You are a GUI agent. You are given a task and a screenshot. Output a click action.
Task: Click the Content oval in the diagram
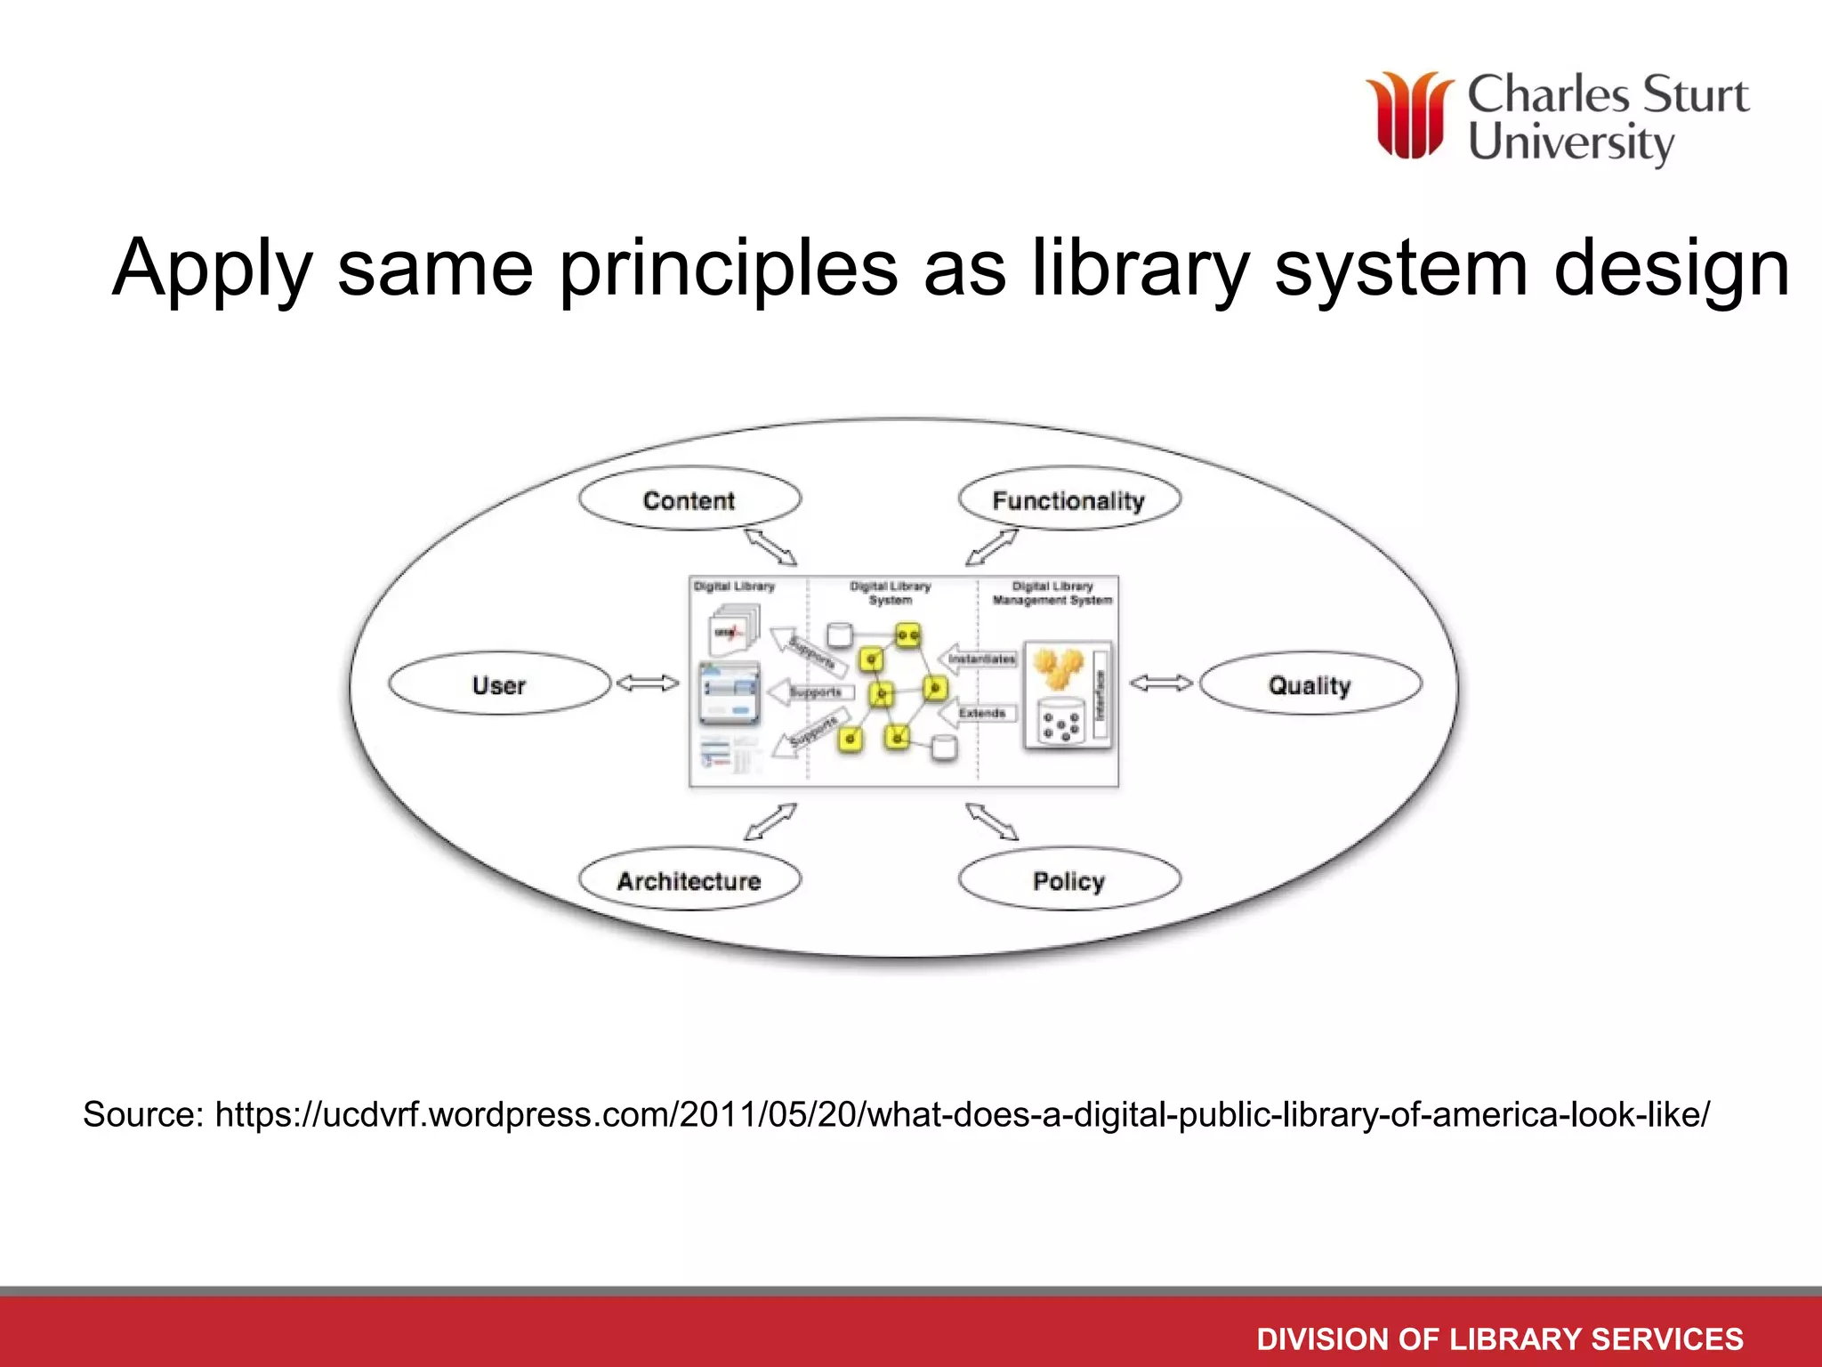pos(689,500)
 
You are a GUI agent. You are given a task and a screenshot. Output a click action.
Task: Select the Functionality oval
pos(1068,500)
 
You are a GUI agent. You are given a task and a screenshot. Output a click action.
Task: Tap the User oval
pos(499,684)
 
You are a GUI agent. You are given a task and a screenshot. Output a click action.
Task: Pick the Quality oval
pos(1310,684)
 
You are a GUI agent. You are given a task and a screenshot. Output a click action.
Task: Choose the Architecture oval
pos(689,880)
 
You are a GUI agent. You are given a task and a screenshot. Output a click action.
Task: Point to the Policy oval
pos(1068,880)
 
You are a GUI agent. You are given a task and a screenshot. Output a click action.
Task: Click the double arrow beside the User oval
pos(648,683)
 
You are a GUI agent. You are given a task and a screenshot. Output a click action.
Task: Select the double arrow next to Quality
pos(1161,683)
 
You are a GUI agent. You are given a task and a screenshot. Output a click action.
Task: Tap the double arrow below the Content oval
pos(770,547)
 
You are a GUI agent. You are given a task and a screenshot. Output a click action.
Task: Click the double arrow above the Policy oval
pos(992,821)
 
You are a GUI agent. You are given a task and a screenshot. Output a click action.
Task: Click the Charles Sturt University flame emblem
pos(1410,116)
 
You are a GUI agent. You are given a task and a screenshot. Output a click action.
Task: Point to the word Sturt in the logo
pos(1695,95)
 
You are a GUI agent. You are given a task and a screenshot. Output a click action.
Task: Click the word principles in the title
pos(728,268)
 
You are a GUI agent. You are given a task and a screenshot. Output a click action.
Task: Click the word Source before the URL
pos(142,1114)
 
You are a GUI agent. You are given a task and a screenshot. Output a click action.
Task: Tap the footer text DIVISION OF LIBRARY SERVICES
pos(1499,1339)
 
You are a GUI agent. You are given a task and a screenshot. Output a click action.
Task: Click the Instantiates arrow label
pos(981,659)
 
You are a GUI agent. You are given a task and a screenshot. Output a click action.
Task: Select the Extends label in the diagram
pos(982,713)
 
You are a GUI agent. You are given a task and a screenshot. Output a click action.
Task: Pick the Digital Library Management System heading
pos(1052,593)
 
